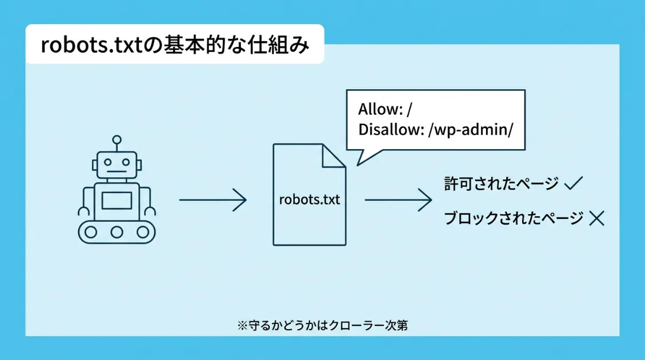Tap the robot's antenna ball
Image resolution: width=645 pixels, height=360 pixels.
pos(117,139)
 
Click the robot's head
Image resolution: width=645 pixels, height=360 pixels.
pos(117,165)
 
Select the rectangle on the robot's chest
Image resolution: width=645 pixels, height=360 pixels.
pos(117,201)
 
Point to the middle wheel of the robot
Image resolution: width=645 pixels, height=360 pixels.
pos(117,232)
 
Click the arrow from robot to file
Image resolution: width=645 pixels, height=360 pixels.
pos(213,200)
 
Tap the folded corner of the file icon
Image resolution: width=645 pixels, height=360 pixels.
pos(335,155)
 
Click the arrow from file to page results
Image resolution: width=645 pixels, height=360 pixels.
pos(398,200)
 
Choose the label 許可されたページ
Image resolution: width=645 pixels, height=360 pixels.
pos(501,184)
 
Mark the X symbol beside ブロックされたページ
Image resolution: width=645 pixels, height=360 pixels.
pos(596,218)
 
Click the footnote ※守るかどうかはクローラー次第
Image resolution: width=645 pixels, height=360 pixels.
pos(322,326)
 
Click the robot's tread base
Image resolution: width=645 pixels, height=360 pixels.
pos(117,232)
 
